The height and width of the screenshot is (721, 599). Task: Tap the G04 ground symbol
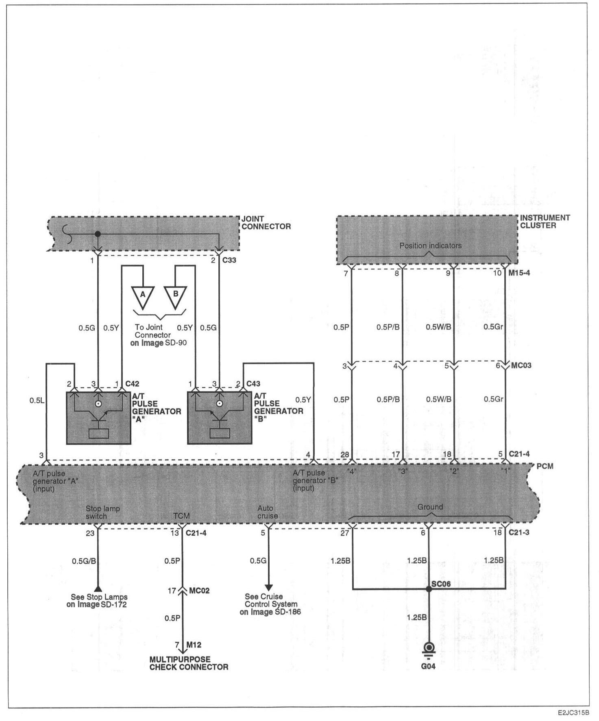point(429,648)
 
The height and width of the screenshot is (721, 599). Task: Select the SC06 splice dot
point(429,589)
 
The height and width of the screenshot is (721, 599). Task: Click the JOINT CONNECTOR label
point(266,223)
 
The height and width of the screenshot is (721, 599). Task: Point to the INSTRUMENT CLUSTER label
point(545,222)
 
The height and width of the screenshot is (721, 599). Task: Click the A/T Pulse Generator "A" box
point(98,417)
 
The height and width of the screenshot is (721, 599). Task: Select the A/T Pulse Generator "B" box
point(220,417)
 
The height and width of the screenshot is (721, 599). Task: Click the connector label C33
point(229,260)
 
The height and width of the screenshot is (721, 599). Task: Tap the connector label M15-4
point(519,273)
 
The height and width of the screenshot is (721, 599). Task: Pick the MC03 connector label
point(521,365)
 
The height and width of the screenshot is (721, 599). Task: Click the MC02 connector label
point(199,591)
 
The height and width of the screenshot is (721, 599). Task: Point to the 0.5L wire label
point(37,400)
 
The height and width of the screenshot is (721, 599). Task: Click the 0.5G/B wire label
point(84,561)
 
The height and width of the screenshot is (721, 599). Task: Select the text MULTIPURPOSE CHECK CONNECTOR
point(189,663)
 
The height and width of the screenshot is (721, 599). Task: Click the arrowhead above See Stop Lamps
point(98,588)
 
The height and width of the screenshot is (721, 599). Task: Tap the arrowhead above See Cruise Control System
point(268,587)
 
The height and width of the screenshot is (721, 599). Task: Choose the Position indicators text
point(430,246)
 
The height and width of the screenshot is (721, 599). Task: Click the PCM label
point(545,466)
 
